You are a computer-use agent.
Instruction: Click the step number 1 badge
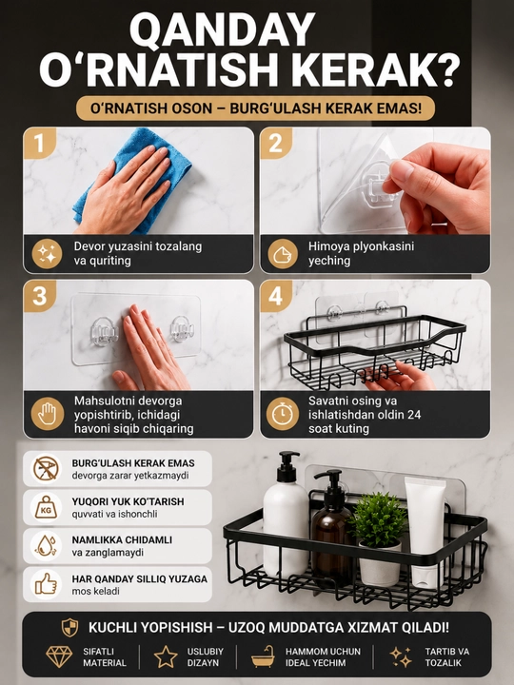(x=39, y=143)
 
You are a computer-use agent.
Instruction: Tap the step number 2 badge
(x=276, y=143)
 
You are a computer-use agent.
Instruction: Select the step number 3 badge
(x=39, y=296)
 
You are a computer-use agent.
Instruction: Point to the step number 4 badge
(x=276, y=296)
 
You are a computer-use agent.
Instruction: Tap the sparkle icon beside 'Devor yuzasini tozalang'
(x=47, y=254)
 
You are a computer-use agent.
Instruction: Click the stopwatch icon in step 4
(x=283, y=413)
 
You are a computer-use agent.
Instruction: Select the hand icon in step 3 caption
(x=47, y=413)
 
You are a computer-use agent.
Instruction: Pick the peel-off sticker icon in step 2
(x=283, y=254)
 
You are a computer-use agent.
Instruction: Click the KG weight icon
(x=46, y=508)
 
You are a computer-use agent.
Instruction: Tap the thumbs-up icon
(x=46, y=584)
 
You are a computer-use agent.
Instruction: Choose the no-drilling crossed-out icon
(x=46, y=469)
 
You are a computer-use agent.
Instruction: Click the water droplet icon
(x=46, y=546)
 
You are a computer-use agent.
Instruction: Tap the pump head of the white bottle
(x=287, y=464)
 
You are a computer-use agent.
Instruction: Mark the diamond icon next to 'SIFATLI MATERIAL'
(x=59, y=656)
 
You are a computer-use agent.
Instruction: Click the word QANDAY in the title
(x=222, y=31)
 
